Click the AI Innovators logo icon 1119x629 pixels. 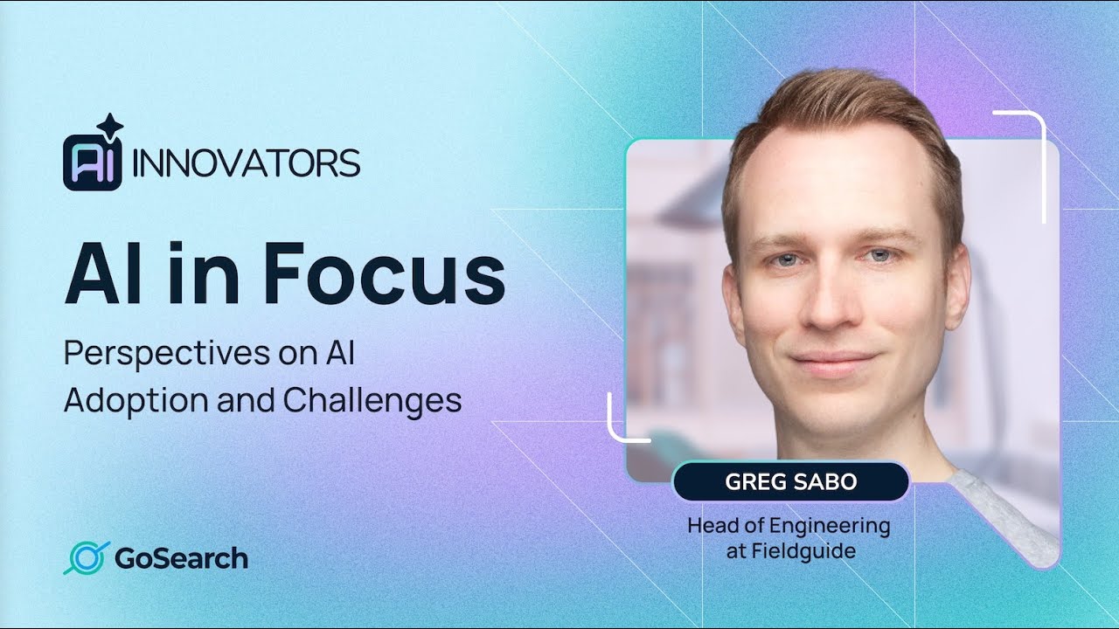pyautogui.click(x=92, y=162)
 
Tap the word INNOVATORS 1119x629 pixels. pyautogui.click(x=246, y=162)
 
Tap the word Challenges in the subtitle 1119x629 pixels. pyautogui.click(x=372, y=400)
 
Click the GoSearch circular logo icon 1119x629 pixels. pyautogui.click(x=85, y=558)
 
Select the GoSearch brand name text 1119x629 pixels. pyautogui.click(x=181, y=558)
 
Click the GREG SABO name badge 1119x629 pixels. pyautogui.click(x=791, y=482)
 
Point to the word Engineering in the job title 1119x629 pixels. pyautogui.click(x=831, y=527)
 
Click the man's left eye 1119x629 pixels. pyautogui.click(x=879, y=255)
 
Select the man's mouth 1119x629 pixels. pyautogui.click(x=832, y=360)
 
